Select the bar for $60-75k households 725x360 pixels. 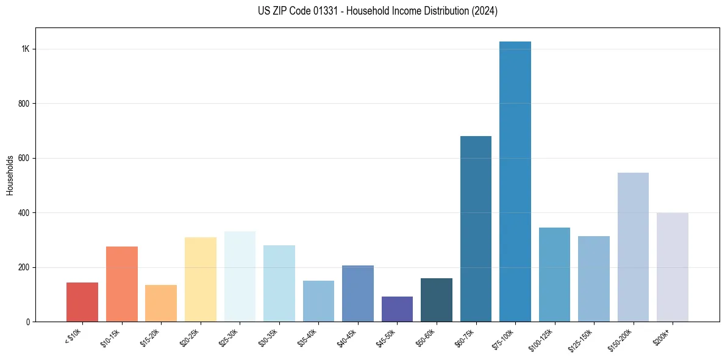[476, 229]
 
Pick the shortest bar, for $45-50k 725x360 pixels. [397, 309]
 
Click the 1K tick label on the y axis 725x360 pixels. [26, 49]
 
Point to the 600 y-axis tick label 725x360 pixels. [24, 158]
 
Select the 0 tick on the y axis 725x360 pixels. [28, 322]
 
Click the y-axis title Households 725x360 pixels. [10, 175]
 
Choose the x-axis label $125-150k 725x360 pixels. [582, 339]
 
